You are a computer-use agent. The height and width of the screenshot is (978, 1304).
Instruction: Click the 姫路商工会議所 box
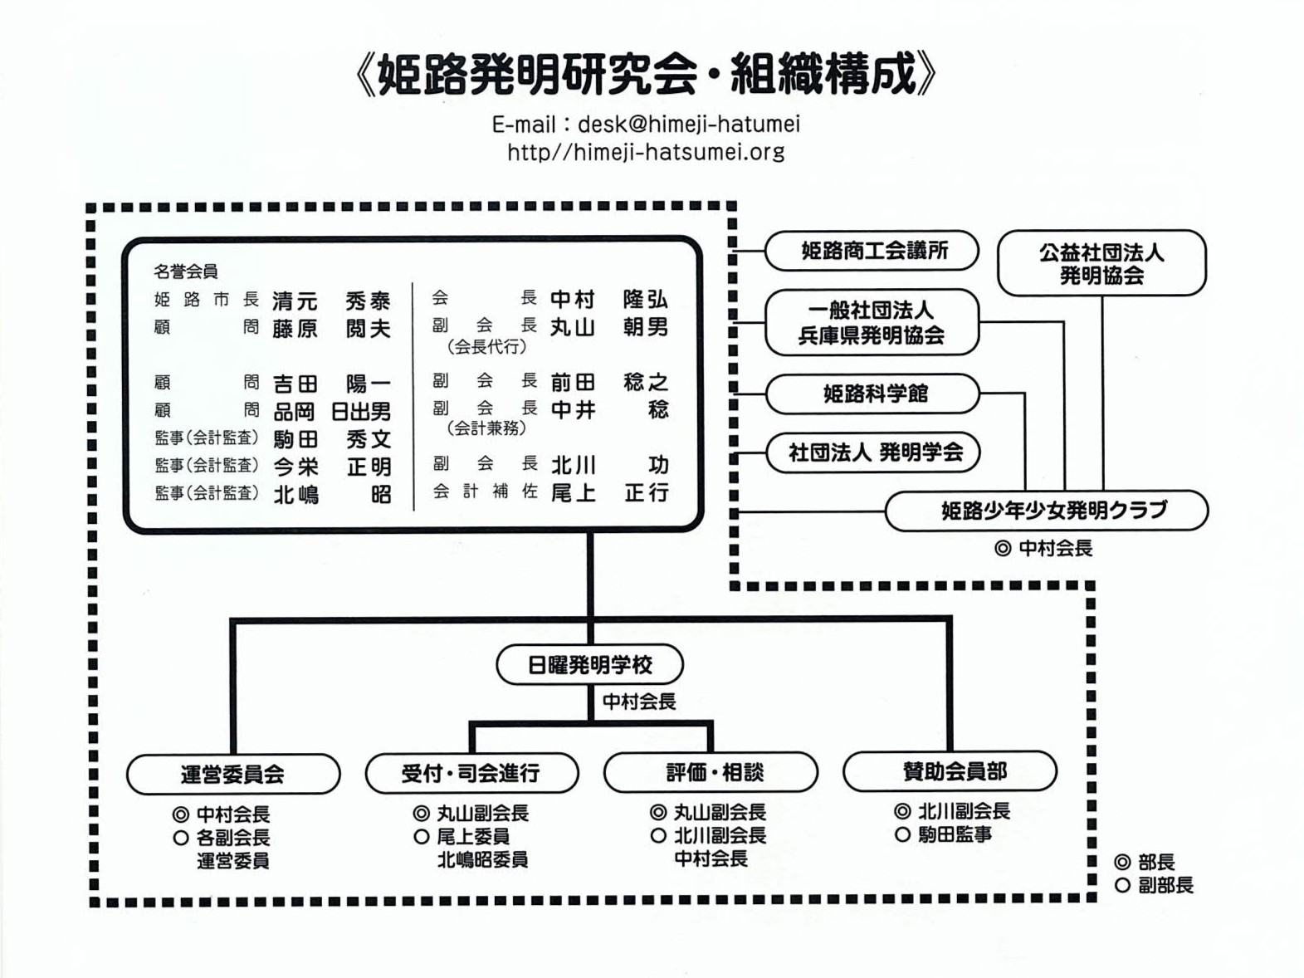tap(872, 251)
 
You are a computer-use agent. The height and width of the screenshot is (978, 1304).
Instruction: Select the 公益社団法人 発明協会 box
tap(1101, 263)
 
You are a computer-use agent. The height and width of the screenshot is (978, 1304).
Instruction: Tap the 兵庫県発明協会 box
tap(872, 322)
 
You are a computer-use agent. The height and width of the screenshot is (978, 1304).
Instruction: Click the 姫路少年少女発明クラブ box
tap(1046, 510)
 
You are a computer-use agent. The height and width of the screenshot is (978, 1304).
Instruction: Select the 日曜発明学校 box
tap(589, 665)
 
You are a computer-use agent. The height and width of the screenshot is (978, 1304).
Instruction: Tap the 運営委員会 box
tap(233, 774)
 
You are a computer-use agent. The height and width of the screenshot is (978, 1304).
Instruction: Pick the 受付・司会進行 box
tap(471, 773)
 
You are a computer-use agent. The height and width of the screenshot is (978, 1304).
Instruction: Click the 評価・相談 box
tap(711, 772)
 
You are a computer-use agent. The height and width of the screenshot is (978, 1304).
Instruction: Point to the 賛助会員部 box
tap(950, 771)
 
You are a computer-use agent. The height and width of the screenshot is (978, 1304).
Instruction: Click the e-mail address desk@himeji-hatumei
tap(688, 125)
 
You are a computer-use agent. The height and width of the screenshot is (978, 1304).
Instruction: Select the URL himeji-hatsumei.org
tap(646, 152)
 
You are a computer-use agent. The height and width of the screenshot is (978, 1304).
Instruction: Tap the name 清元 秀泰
tap(331, 300)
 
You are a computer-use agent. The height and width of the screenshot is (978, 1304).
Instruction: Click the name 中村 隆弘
tap(609, 299)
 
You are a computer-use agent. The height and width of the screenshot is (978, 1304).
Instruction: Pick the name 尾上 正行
tap(609, 493)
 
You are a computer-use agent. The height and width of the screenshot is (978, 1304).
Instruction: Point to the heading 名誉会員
tap(185, 271)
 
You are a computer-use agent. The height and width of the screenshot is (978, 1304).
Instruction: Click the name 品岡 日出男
tap(331, 411)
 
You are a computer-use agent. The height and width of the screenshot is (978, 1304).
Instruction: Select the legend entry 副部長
tap(1165, 886)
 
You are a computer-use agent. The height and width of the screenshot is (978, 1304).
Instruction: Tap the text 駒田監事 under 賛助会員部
tap(955, 834)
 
